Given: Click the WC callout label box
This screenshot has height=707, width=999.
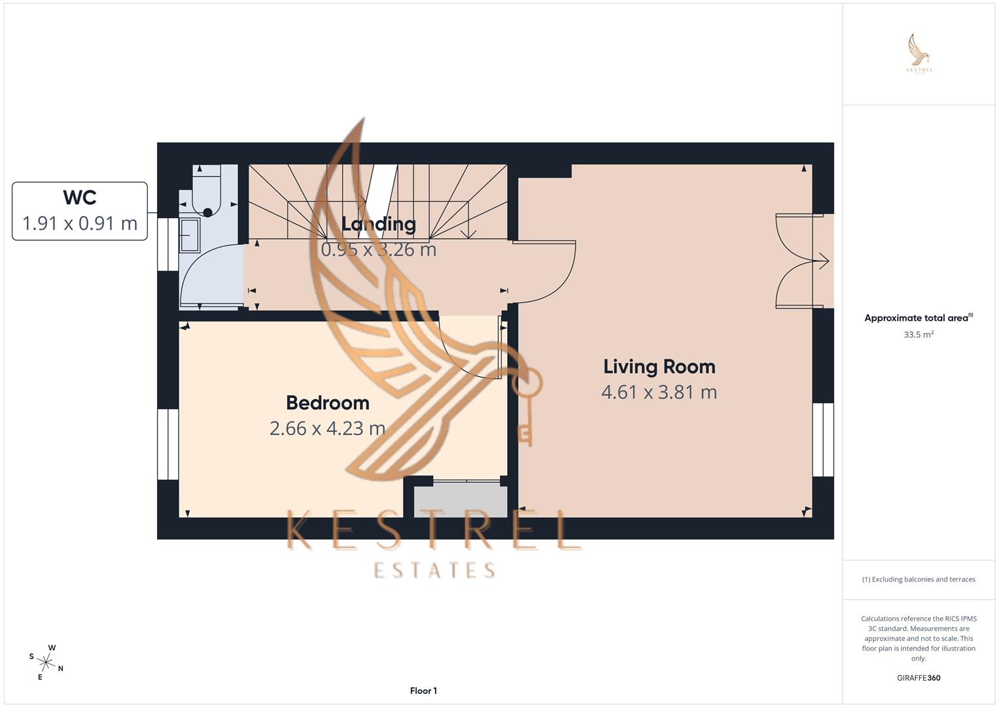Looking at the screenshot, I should pos(80,211).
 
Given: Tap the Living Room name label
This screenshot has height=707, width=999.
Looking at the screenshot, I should pos(659,367).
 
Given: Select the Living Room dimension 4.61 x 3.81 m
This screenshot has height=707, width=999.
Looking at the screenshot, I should pos(659,392).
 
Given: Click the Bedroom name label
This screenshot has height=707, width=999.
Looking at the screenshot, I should pos(328,403).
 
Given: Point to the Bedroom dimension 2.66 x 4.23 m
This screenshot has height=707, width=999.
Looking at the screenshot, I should pos(327,428).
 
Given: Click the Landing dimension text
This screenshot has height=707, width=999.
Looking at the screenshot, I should pos(378,249).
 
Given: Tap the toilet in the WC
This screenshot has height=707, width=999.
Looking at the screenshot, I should pos(207,191).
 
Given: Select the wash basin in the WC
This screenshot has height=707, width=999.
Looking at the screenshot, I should pos(190,235).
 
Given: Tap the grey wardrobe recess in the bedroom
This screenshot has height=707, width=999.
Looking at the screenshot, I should pos(461,501).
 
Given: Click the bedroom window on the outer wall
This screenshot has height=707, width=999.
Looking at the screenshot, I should pos(168,444).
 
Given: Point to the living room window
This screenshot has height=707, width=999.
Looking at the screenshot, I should pos(823,439).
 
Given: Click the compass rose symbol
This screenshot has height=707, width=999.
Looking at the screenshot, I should pos(46,662).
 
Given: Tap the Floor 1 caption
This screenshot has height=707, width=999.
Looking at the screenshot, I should pos(423,691).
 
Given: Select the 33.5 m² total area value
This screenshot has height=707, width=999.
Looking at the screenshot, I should pos(918,335).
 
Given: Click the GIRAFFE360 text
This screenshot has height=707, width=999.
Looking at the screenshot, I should pos(918,678).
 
